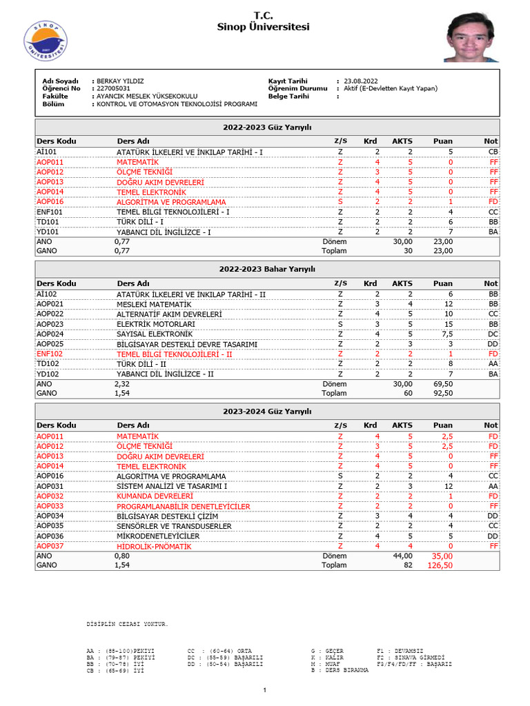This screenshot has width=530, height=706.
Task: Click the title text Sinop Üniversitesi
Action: click(x=264, y=27)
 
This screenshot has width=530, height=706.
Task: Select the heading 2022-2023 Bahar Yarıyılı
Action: click(x=267, y=269)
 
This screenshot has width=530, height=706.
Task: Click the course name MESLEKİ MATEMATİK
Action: click(x=154, y=304)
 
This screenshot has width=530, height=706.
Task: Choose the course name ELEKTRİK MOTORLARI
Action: click(x=155, y=324)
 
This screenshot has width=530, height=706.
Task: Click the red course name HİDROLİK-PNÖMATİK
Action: click(x=154, y=546)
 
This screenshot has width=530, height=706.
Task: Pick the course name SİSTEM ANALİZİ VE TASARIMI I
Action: click(x=172, y=486)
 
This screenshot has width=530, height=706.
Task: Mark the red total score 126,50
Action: click(x=439, y=565)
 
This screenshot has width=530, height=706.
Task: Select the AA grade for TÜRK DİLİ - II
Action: click(x=492, y=363)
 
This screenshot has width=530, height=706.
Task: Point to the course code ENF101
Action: click(x=50, y=212)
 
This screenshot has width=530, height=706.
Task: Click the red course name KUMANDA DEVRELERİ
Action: click(x=155, y=496)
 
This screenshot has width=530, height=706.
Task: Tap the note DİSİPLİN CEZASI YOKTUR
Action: click(x=126, y=624)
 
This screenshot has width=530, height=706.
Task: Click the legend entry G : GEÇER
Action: click(x=328, y=650)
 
